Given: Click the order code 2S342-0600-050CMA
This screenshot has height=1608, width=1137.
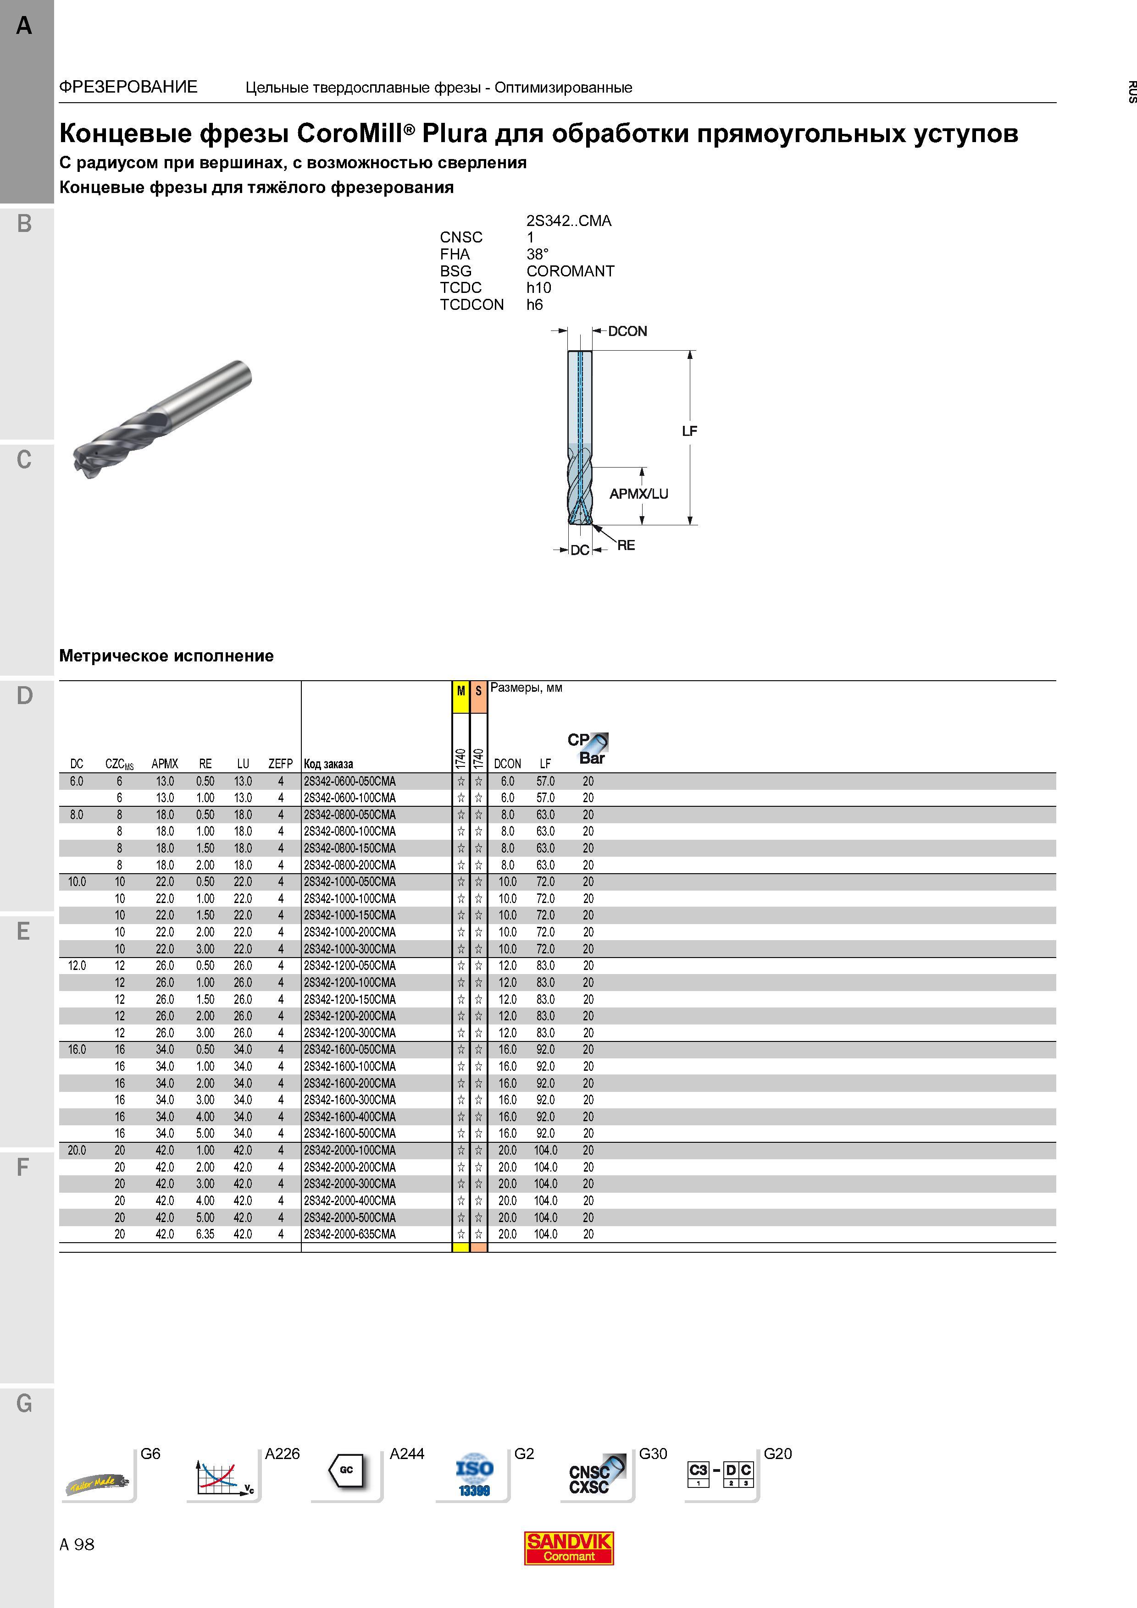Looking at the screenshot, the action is tap(349, 781).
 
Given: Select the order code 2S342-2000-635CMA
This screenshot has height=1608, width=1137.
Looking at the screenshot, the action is tap(349, 1234).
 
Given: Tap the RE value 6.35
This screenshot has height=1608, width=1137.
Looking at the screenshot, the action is tap(205, 1234).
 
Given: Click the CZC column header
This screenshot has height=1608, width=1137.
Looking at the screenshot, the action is tap(119, 764).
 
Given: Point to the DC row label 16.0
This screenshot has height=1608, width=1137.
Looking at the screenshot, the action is tap(77, 1049).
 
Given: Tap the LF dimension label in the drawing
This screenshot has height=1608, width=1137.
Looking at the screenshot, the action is tap(689, 431).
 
